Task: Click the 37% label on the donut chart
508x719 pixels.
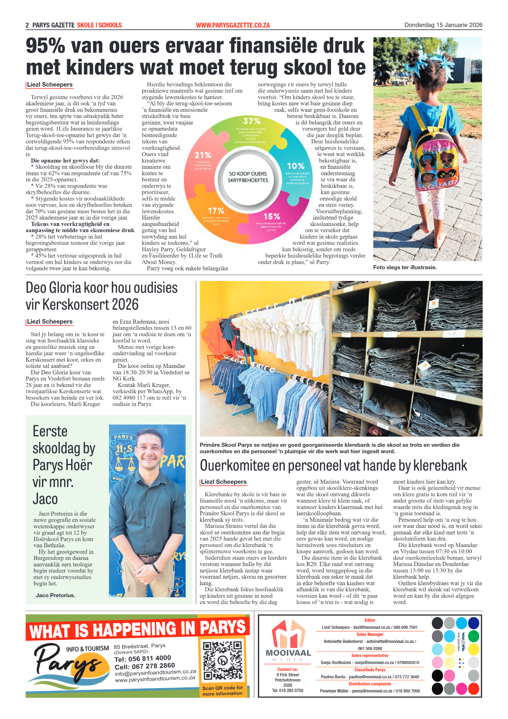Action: pos(251,121)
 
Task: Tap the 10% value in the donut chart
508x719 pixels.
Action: pos(295,166)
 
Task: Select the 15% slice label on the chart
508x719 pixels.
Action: pos(271,216)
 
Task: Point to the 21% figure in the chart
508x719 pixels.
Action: pos(203,155)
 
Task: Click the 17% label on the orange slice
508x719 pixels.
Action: pos(216,211)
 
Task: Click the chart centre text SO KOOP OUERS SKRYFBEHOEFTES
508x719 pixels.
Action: pos(248,177)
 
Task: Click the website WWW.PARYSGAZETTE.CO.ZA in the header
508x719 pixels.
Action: pos(233,25)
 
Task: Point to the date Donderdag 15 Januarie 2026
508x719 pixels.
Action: pos(443,25)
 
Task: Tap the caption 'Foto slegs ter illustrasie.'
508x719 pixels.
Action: pos(405,267)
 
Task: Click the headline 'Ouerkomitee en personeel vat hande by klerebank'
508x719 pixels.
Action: pos(333,466)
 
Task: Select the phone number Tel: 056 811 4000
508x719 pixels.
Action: pos(143,659)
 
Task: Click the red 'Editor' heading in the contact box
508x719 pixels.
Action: pos(370,620)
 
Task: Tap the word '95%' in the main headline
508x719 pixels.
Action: pos(45,46)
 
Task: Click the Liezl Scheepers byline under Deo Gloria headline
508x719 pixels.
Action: pos(50,322)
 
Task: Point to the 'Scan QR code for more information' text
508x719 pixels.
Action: pos(222,690)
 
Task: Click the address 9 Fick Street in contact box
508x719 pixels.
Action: pos(287,675)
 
